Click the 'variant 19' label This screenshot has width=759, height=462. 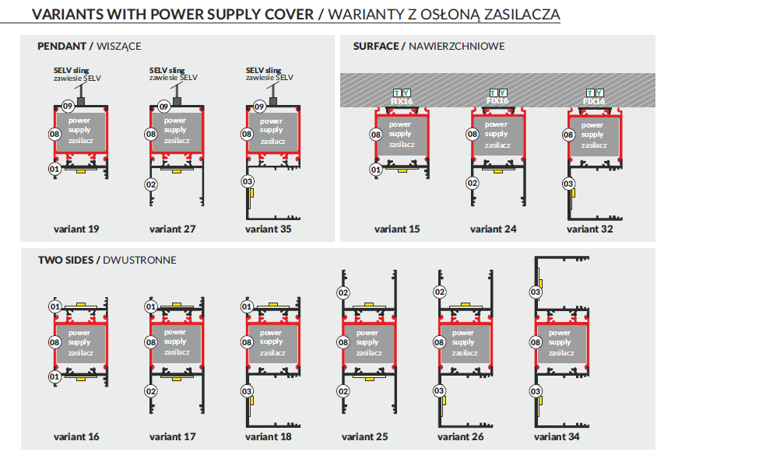(x=76, y=229)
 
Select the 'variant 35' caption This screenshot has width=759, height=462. (x=268, y=229)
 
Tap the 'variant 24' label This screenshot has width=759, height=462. (x=493, y=229)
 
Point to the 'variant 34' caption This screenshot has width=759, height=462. (x=556, y=436)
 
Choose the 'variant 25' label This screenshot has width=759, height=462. (x=364, y=436)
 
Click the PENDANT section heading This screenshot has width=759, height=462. (x=89, y=47)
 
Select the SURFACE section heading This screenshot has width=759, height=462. (x=428, y=47)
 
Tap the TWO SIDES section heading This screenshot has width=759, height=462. (x=107, y=261)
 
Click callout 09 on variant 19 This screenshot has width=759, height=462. (x=68, y=106)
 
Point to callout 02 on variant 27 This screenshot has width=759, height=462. (x=150, y=184)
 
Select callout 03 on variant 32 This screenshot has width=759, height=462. (x=568, y=184)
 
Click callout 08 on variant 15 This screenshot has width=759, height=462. (x=376, y=135)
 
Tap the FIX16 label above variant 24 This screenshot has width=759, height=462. (x=497, y=100)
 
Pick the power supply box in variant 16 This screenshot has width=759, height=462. (x=80, y=343)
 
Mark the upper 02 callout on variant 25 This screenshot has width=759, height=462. (x=343, y=292)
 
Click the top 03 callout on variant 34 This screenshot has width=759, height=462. (x=536, y=292)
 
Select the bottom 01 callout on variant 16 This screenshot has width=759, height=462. (x=54, y=376)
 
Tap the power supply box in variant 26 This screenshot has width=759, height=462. (x=465, y=343)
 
